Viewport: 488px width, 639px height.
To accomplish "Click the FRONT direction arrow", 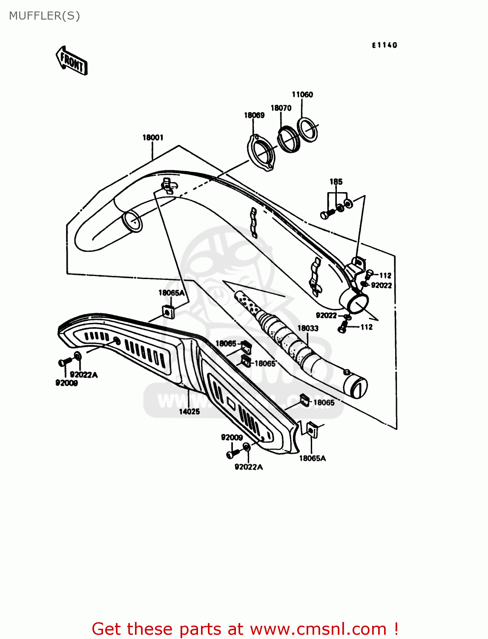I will click(72, 61).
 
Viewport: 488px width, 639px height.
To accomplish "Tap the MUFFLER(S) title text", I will click(44, 16).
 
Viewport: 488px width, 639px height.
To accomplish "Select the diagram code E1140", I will click(384, 45).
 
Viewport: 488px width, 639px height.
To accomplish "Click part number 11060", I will click(302, 95).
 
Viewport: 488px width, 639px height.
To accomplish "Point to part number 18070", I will click(281, 108).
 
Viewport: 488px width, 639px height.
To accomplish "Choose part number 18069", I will click(254, 115).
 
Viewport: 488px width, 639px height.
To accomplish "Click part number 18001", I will click(152, 138).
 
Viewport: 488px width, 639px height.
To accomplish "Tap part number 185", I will click(336, 182).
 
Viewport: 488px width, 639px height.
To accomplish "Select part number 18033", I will click(308, 328).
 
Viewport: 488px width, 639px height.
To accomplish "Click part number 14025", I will click(189, 412).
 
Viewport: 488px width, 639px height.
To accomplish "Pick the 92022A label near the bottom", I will click(249, 467).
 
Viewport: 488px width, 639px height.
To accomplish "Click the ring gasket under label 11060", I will click(307, 130).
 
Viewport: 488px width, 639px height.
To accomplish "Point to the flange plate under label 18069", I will click(261, 153).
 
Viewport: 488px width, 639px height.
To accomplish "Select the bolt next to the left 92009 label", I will click(64, 363).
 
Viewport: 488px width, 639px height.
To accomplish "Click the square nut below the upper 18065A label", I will click(169, 312).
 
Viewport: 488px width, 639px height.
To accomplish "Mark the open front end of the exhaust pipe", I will click(132, 222).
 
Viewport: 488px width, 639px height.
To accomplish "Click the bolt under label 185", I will click(326, 215).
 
